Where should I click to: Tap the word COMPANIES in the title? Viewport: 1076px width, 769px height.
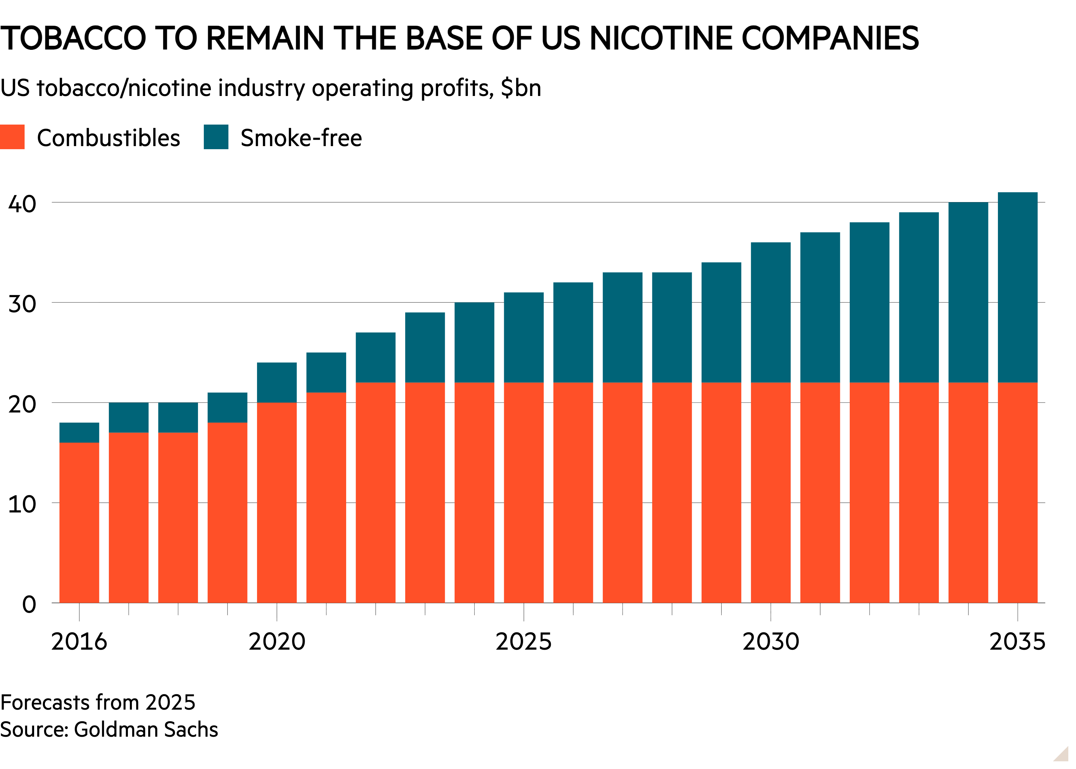830,38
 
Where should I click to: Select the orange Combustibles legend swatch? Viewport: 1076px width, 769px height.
12,137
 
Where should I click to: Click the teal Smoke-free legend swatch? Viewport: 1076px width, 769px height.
216,137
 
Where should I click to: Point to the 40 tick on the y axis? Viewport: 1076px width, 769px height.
22,204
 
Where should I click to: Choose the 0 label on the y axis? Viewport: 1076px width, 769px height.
29,605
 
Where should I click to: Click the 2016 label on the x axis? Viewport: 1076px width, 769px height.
79,642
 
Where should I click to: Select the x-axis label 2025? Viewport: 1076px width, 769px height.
524,642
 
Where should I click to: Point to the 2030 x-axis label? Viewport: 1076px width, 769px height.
771,642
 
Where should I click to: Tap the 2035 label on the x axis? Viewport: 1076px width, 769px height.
1018,642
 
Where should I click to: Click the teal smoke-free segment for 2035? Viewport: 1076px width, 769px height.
1018,287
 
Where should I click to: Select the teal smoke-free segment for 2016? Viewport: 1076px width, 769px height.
79,433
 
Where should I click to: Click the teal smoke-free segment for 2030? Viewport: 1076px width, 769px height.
771,313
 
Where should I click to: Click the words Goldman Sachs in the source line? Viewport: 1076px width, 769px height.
146,730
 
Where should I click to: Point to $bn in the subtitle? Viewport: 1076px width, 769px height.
521,88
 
